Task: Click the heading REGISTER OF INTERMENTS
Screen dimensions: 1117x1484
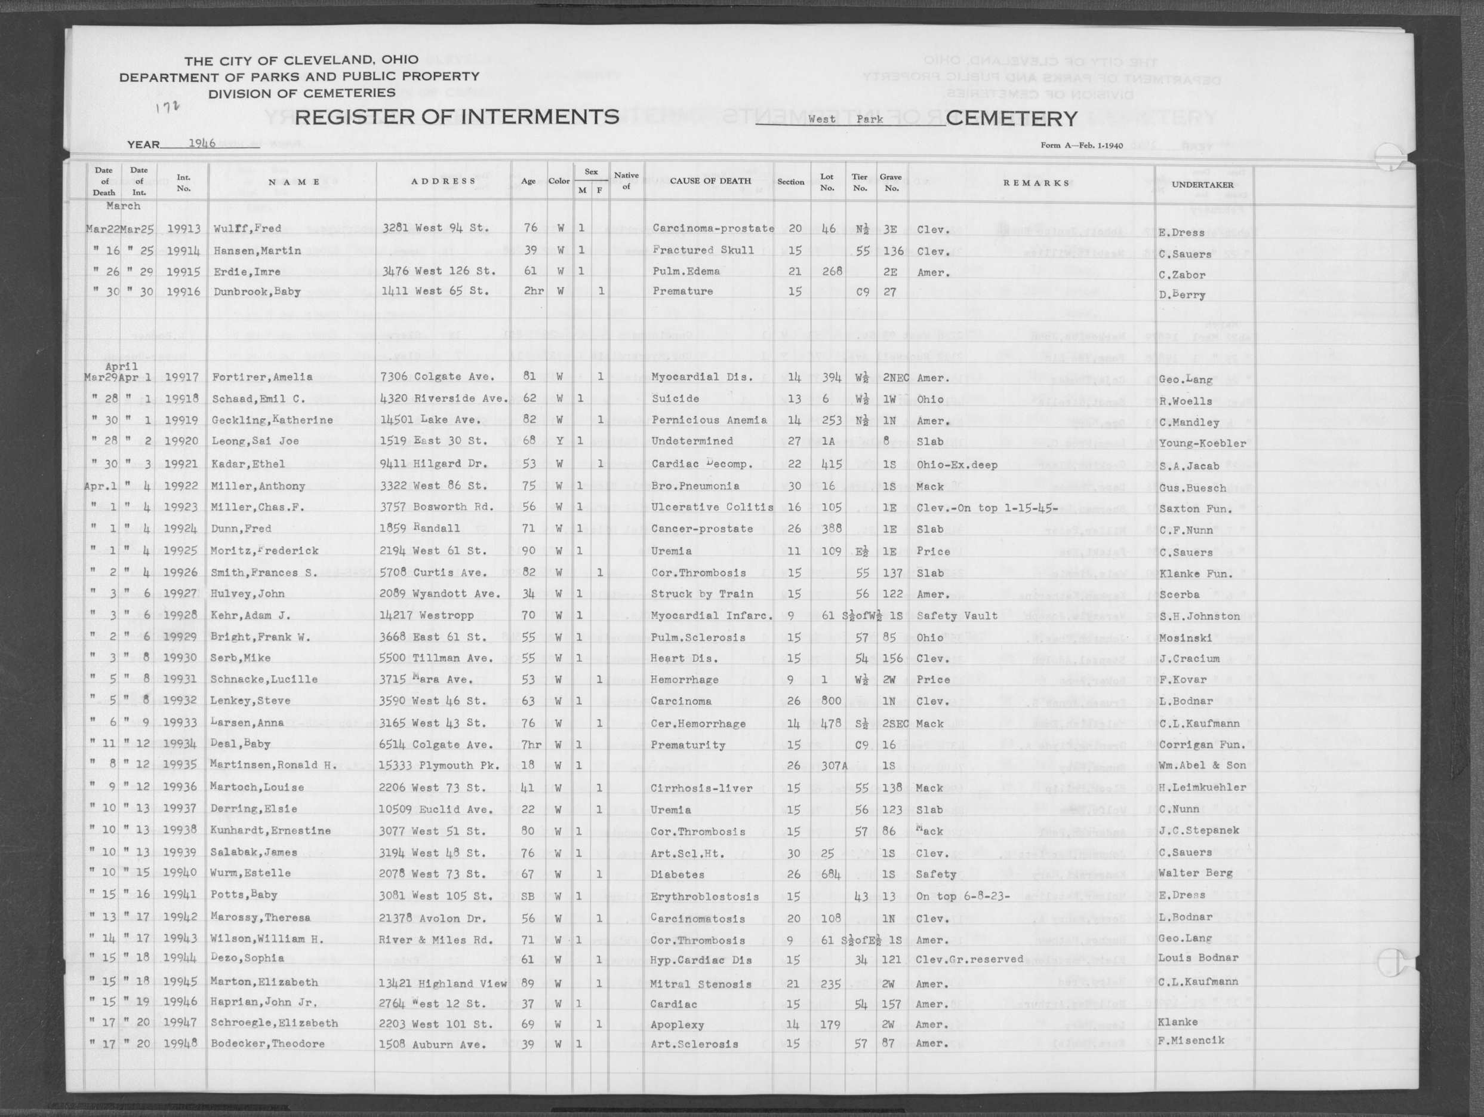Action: (456, 117)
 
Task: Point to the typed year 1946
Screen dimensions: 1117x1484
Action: (201, 143)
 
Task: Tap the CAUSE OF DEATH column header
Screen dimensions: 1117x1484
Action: (710, 180)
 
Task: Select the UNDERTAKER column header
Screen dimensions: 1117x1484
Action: (1202, 185)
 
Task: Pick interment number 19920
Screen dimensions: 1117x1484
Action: (182, 441)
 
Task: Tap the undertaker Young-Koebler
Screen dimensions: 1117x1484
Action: (1202, 443)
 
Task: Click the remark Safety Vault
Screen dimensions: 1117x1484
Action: (957, 616)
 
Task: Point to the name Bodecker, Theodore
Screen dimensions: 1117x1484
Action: (267, 1044)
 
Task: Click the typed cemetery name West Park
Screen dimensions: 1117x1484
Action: (845, 119)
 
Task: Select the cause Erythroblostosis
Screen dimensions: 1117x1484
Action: (704, 896)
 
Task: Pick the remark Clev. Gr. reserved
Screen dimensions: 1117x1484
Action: (969, 959)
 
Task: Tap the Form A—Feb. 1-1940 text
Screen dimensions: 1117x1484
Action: (1082, 145)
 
